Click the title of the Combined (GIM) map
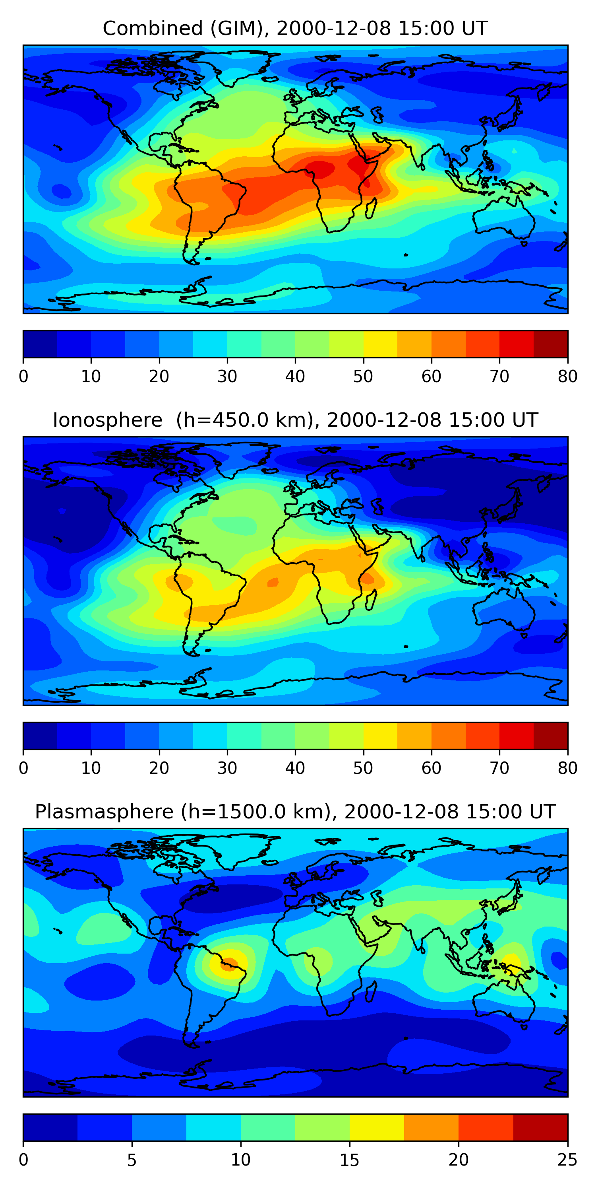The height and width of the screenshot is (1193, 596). [295, 28]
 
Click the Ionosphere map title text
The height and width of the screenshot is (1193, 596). [295, 420]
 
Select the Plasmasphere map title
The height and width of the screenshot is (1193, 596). [295, 812]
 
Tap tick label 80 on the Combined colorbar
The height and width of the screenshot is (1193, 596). [567, 377]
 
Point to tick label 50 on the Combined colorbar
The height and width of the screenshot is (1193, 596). [363, 377]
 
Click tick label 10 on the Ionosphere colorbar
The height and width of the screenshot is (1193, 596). [91, 768]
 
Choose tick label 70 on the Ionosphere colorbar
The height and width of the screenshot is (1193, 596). [499, 768]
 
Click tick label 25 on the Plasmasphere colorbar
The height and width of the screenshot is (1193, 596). [567, 1160]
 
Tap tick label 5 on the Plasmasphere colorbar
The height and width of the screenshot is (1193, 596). [132, 1160]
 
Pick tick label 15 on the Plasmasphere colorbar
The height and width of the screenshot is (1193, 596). [350, 1160]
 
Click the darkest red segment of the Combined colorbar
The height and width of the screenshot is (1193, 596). [551, 344]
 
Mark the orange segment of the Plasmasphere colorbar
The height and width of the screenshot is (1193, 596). [431, 1128]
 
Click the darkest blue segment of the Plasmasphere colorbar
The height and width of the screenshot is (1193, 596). [50, 1128]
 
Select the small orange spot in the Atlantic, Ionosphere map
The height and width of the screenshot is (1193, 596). [273, 582]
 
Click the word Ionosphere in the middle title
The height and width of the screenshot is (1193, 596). [107, 420]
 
